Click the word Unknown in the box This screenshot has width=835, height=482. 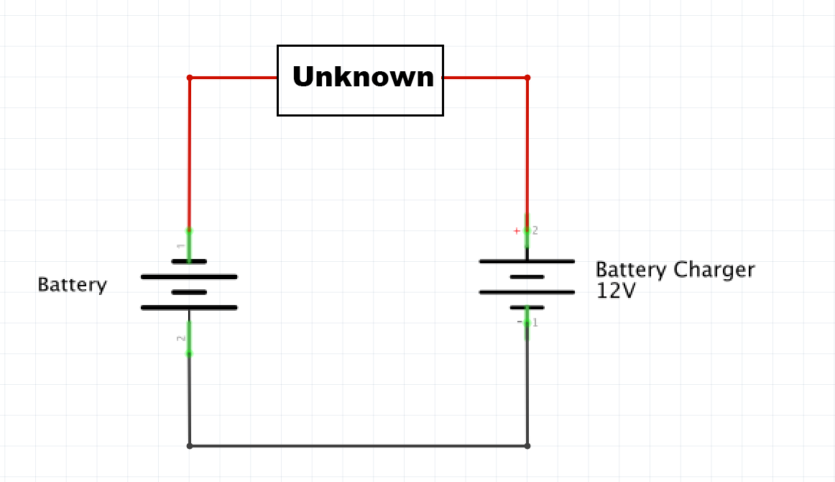[363, 77]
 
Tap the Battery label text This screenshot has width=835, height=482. [72, 285]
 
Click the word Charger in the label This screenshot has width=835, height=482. [714, 270]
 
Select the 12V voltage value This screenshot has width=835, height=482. [616, 291]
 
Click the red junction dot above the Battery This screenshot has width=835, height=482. [190, 78]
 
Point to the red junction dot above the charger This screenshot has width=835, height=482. [527, 78]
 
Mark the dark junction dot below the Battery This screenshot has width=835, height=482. [190, 446]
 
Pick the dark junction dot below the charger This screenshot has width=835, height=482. [527, 446]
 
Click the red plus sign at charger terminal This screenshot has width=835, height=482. [516, 231]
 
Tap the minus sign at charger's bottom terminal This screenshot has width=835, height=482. [520, 322]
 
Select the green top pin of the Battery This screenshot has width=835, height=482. [190, 245]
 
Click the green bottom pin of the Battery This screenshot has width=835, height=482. [190, 338]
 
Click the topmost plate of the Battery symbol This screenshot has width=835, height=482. [190, 261]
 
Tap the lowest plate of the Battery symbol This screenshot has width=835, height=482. [190, 308]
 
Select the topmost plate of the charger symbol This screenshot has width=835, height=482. [527, 261]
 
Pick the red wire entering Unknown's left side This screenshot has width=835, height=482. [234, 78]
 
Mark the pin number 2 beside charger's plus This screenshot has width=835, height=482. [535, 231]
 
